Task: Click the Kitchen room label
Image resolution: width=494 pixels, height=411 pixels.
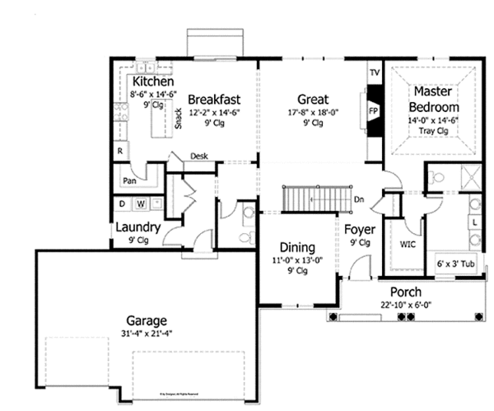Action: click(x=152, y=82)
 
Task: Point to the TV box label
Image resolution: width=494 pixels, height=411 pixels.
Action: click(x=374, y=73)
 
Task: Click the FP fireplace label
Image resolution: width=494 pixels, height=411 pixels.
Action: click(x=373, y=109)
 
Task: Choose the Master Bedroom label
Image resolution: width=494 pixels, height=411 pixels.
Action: click(x=436, y=98)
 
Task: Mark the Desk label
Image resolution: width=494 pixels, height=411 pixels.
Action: click(x=198, y=156)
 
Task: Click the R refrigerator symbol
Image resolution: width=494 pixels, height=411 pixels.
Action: click(x=120, y=152)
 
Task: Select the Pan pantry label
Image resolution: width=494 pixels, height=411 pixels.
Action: click(x=129, y=180)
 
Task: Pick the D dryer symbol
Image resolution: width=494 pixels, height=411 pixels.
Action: click(x=123, y=203)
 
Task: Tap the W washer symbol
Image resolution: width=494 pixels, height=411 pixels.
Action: click(x=141, y=203)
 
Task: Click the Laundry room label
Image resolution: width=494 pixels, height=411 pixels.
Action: click(x=137, y=227)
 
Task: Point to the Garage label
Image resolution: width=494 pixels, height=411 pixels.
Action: click(x=147, y=320)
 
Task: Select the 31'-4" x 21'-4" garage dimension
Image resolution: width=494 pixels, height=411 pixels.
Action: click(x=147, y=334)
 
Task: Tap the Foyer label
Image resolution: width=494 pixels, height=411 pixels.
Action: click(x=359, y=229)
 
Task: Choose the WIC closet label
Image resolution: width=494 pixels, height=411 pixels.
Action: click(x=406, y=245)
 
